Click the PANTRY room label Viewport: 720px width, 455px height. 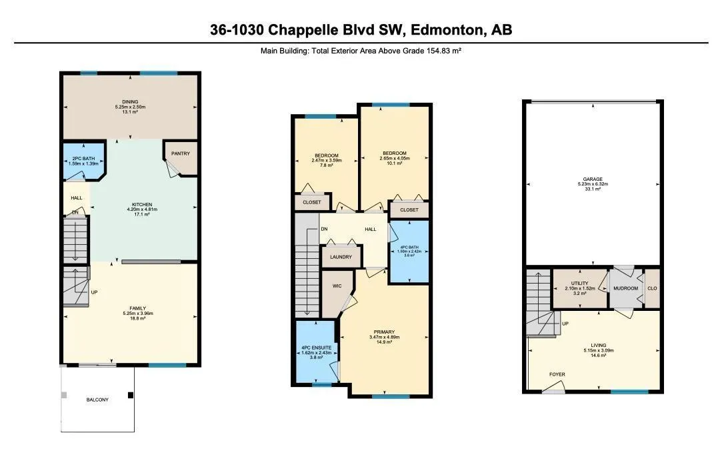(181, 153)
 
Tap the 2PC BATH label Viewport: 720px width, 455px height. (83, 159)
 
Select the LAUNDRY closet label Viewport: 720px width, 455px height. (341, 257)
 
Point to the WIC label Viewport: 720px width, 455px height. (337, 286)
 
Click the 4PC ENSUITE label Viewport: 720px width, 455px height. (317, 348)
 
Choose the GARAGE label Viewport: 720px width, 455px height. (593, 179)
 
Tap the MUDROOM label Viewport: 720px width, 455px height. (626, 288)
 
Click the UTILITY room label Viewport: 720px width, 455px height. (579, 283)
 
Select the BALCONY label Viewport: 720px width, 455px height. (97, 400)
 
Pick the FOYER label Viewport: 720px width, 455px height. (557, 374)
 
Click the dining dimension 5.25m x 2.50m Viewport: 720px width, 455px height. (130, 107)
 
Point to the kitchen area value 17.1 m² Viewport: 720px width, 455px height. (143, 214)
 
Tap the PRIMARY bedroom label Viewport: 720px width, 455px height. (384, 332)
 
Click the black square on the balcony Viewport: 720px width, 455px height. (131, 395)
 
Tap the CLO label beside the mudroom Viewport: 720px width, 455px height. (652, 288)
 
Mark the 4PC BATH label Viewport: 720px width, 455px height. (409, 248)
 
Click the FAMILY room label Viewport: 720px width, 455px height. (138, 308)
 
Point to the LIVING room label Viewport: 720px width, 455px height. (598, 345)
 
